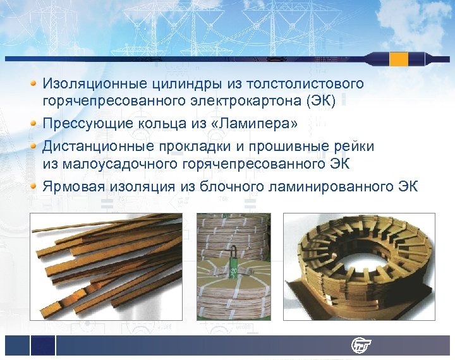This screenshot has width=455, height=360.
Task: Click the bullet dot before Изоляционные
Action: coord(34,83)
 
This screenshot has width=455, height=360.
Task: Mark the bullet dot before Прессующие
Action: coord(34,122)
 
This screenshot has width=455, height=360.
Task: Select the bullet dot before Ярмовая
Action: coord(34,186)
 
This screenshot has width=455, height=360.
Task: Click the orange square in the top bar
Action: coord(399,59)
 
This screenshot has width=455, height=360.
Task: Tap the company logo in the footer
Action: coord(361,345)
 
